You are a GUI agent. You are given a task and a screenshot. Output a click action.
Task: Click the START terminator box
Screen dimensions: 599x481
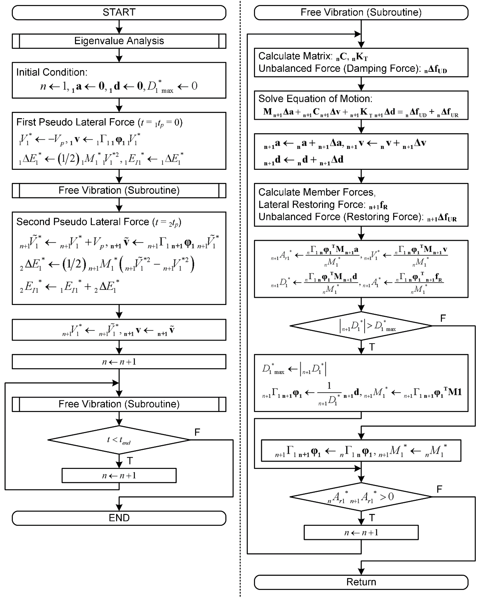[119, 12]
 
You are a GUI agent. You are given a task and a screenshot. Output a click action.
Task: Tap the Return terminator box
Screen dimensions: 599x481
[361, 582]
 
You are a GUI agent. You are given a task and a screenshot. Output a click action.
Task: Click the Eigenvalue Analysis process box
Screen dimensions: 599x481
[119, 41]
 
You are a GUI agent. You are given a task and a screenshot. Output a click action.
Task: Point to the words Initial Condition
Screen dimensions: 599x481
[52, 72]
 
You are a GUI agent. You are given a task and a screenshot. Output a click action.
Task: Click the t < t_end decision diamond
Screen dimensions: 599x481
[119, 440]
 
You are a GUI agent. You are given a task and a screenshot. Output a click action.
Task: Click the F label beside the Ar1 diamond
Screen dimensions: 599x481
[439, 489]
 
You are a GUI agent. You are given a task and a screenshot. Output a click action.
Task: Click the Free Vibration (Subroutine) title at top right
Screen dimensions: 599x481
[361, 12]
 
